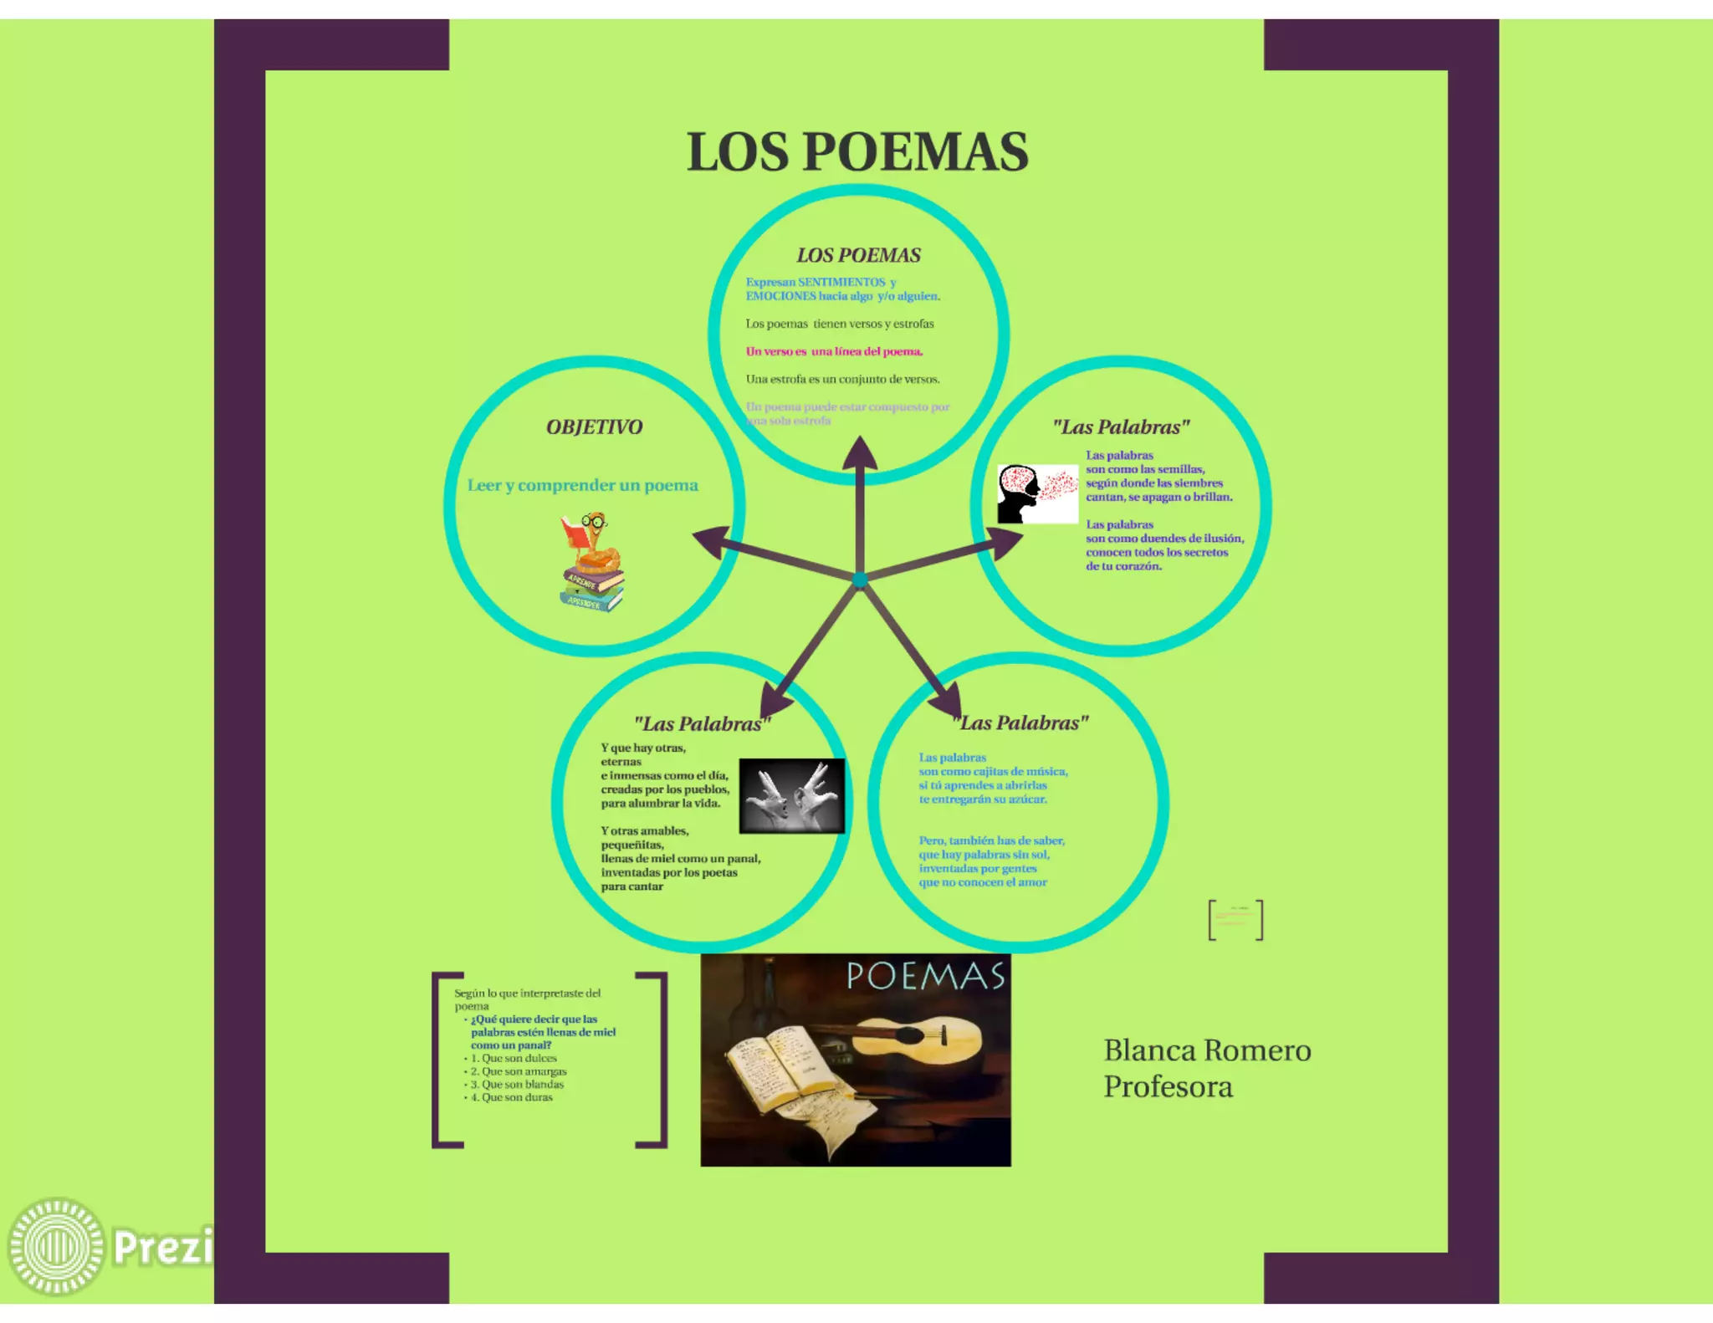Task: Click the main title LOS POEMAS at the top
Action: point(857,152)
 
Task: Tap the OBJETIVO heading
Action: point(594,427)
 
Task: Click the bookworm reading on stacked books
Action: point(592,561)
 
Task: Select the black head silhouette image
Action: point(1020,494)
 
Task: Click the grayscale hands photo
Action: point(791,795)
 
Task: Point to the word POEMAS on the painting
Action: point(925,977)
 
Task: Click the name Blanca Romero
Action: point(1207,1050)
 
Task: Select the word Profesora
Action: point(1168,1087)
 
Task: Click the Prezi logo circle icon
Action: point(56,1245)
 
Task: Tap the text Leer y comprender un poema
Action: point(582,485)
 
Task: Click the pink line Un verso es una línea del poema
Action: point(834,351)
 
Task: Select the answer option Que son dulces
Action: point(519,1058)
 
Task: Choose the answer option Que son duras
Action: point(517,1097)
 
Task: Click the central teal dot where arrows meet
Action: point(860,579)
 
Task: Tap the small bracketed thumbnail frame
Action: point(1235,920)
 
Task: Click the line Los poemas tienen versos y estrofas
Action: point(840,324)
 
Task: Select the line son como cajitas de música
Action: point(993,771)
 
